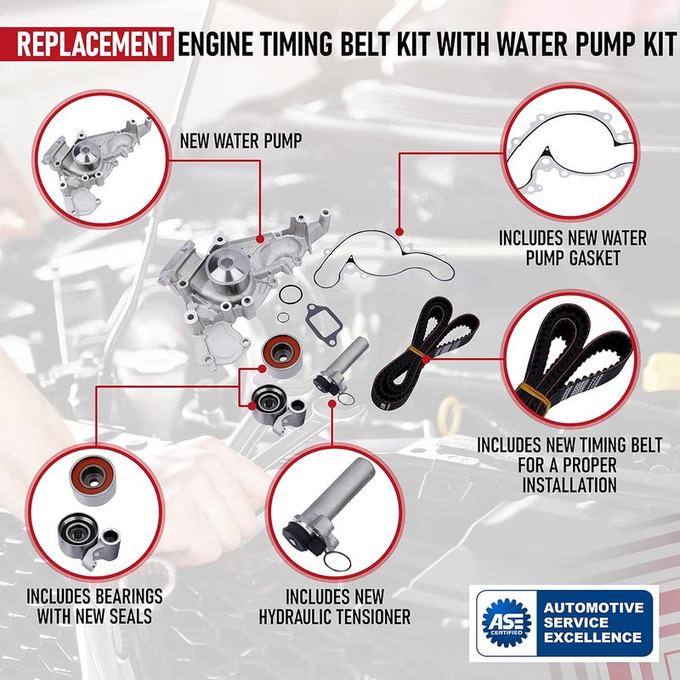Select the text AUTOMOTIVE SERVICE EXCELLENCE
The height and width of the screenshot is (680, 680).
593,622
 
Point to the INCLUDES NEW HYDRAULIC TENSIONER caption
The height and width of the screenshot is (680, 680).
335,606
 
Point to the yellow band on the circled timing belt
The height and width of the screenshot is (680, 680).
531,392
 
